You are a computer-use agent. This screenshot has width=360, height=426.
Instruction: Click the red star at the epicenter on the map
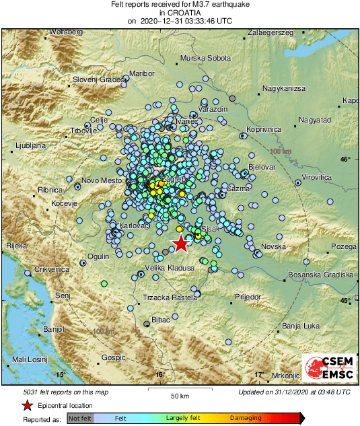point(180,244)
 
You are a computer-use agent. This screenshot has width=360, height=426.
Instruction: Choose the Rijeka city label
point(15,246)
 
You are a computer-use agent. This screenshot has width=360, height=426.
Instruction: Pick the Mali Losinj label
point(32,360)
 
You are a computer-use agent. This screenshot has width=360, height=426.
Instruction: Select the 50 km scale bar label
point(178,394)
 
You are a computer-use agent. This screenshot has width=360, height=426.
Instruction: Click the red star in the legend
point(27,405)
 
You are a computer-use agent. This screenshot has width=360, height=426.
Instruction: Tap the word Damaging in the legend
point(246,418)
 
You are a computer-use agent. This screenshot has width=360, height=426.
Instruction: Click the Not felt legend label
point(79,418)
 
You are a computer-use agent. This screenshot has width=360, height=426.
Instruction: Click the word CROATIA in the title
point(180,13)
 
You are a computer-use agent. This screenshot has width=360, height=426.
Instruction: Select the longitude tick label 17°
point(258,374)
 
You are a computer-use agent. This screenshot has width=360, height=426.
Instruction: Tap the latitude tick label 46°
point(345,159)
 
